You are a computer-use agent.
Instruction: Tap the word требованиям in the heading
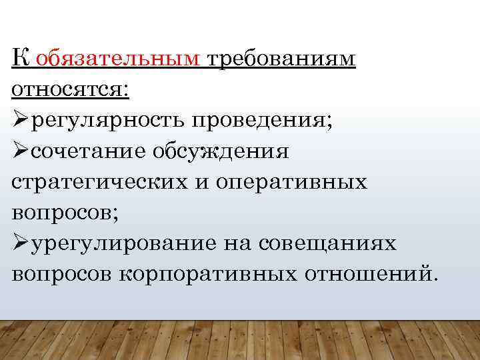[x=282, y=59]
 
